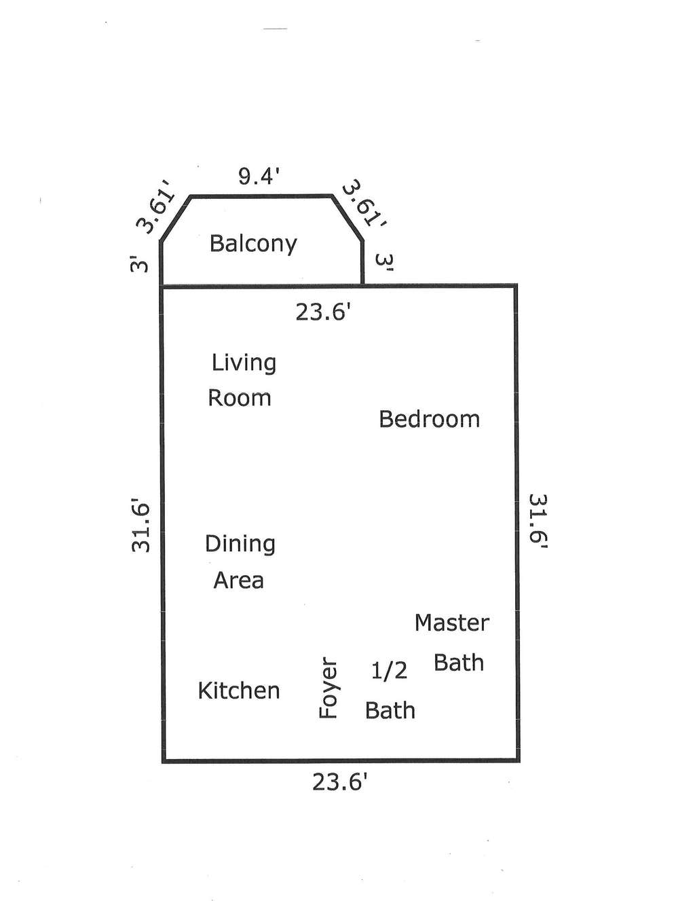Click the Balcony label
253,244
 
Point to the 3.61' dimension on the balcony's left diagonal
156,213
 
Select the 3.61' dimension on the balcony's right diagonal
364,203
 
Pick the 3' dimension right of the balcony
383,262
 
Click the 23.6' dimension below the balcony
326,312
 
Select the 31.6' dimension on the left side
140,528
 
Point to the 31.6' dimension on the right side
538,521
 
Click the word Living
244,363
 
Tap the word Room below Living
240,398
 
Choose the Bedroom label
430,419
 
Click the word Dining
240,545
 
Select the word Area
239,581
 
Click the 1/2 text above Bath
389,670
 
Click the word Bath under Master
459,663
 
